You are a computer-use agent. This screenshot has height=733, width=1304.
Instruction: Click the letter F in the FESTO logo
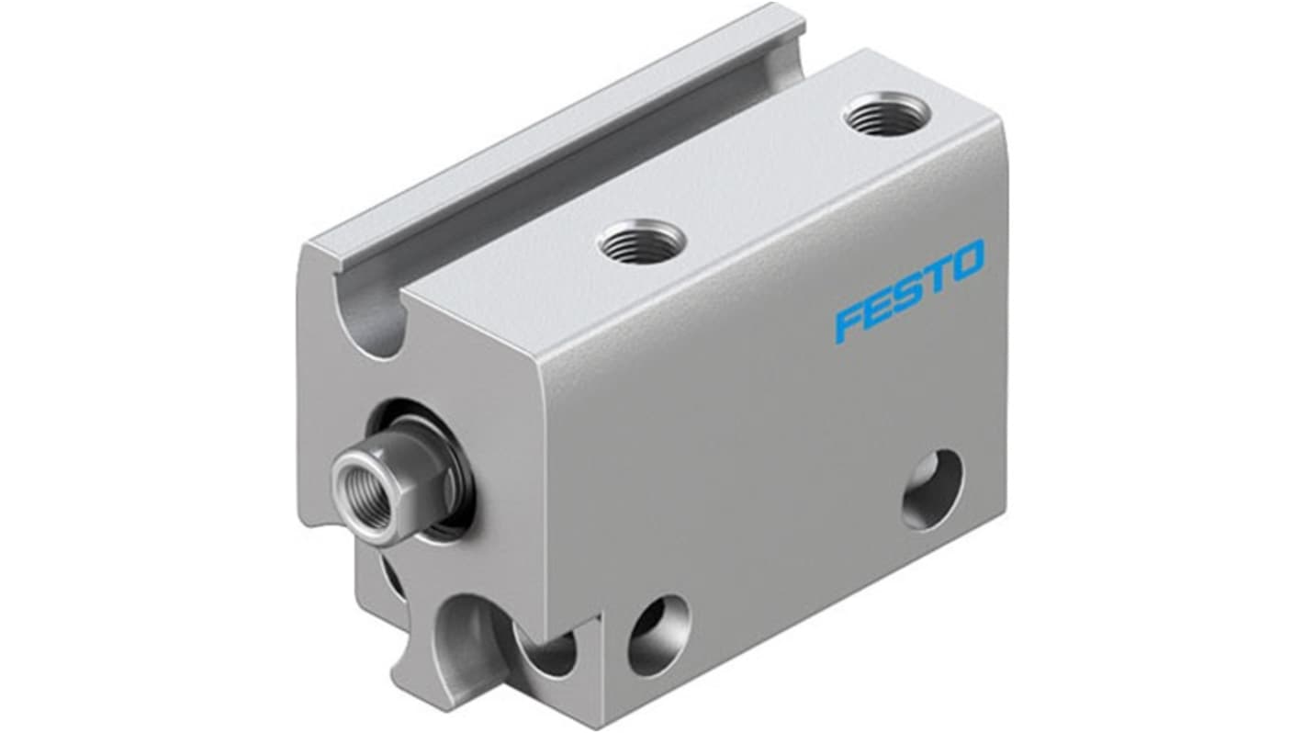coord(850,322)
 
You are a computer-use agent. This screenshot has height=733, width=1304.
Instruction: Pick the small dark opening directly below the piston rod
coord(389,579)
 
